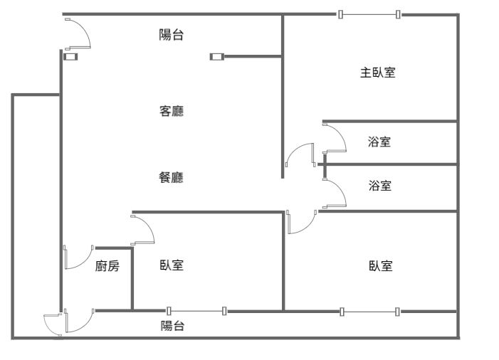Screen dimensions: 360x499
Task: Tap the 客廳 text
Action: pyautogui.click(x=171, y=111)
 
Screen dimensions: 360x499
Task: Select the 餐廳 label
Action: pyautogui.click(x=171, y=178)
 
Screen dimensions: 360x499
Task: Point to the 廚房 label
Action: pyautogui.click(x=107, y=267)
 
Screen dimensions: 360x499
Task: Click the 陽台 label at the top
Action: pyautogui.click(x=171, y=34)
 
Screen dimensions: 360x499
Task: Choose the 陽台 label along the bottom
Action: pyautogui.click(x=172, y=326)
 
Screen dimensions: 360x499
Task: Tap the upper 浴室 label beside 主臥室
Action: pyautogui.click(x=379, y=142)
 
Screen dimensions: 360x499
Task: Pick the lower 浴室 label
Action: pyautogui.click(x=379, y=186)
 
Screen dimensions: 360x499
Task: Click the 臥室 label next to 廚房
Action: pyautogui.click(x=172, y=265)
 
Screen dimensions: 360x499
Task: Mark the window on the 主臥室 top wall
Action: pyautogui.click(x=369, y=14)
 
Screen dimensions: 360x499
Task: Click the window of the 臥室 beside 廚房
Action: pyautogui.click(x=196, y=310)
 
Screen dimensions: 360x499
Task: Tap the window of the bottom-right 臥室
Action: pyautogui.click(x=369, y=311)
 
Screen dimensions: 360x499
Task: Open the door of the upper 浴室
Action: pyautogui.click(x=335, y=138)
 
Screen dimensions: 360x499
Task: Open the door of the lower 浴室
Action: pyautogui.click(x=335, y=192)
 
